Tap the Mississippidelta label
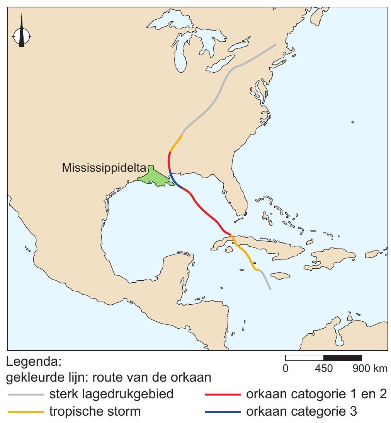(x=104, y=168)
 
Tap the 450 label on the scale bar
(x=323, y=369)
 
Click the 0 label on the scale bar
(x=286, y=369)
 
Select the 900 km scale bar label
(x=370, y=369)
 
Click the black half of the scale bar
(x=342, y=358)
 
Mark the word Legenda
(x=34, y=363)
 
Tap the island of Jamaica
(x=280, y=275)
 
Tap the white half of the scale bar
(x=304, y=358)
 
